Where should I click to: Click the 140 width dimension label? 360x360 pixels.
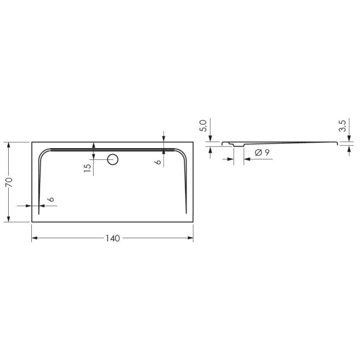coord(112,239)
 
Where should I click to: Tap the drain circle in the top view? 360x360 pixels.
coord(113,159)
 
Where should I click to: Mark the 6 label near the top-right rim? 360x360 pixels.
coord(158,160)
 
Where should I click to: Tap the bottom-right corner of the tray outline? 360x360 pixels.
coord(193,222)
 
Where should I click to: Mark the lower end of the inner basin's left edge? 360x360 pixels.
coord(39,212)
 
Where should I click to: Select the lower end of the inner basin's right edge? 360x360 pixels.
coord(186,212)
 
